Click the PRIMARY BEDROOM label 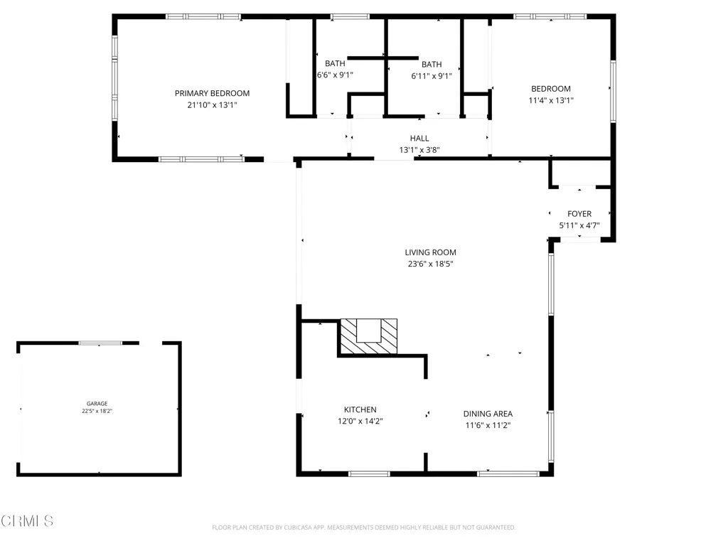click(x=212, y=93)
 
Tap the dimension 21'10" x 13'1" click(x=212, y=105)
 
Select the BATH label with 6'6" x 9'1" click(x=335, y=63)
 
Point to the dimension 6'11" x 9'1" click(x=431, y=75)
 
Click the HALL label click(x=419, y=139)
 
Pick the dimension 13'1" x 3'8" click(x=419, y=150)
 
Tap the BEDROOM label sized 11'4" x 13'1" click(x=550, y=89)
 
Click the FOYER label click(x=579, y=214)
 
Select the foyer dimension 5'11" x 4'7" click(x=579, y=225)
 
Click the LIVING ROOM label click(x=430, y=252)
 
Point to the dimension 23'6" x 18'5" click(x=430, y=264)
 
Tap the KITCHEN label click(x=360, y=409)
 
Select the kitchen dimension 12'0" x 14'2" click(x=360, y=421)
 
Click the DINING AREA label click(x=488, y=414)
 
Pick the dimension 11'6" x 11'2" click(x=488, y=425)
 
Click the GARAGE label click(x=97, y=404)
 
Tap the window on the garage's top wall click(x=100, y=343)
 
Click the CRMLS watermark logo click(x=27, y=521)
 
